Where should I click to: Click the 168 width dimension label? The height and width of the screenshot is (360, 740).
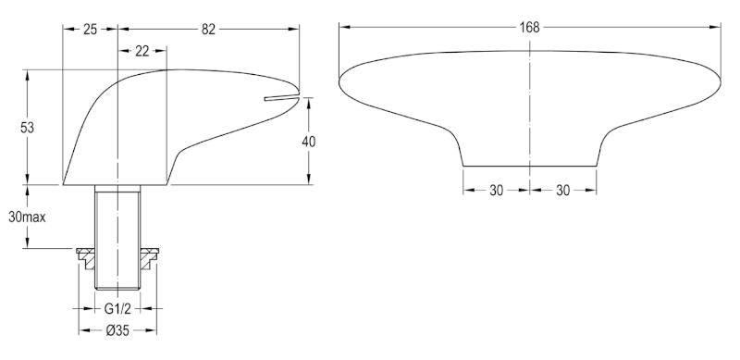(529, 28)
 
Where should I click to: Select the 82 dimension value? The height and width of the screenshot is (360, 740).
(208, 30)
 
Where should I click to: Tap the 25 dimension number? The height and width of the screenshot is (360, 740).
(90, 30)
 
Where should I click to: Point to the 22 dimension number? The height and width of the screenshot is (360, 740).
(142, 51)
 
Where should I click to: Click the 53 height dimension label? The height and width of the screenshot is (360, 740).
(28, 128)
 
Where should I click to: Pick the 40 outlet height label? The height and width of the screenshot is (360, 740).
(308, 142)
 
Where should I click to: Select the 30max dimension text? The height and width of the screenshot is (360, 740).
(28, 217)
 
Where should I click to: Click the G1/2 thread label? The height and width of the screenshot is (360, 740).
(117, 309)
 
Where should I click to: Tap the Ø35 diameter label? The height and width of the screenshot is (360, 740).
(117, 330)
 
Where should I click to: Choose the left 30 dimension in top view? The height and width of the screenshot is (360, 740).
(496, 191)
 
